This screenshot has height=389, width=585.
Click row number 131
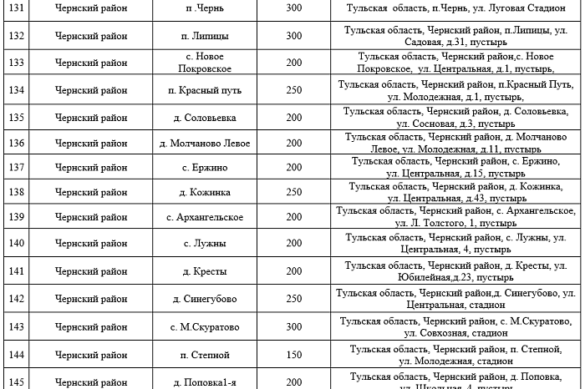point(15,8)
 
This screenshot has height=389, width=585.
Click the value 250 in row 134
point(294,90)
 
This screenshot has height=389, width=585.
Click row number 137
point(15,167)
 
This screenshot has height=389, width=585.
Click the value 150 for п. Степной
point(294,355)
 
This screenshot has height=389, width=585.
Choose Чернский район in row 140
point(79,243)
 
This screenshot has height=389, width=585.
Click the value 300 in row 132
point(294,36)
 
